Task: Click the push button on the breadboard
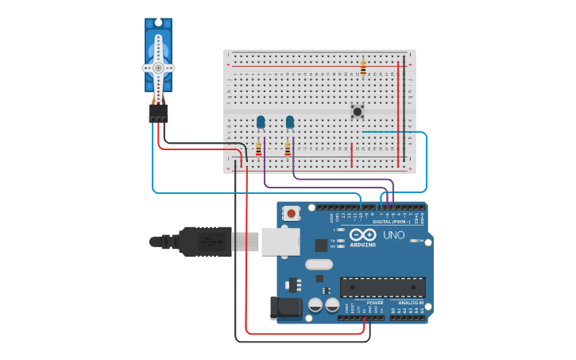click(x=358, y=111)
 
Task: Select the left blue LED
click(x=261, y=122)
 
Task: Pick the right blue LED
click(x=290, y=122)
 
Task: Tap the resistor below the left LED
click(x=258, y=149)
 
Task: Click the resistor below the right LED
click(x=288, y=149)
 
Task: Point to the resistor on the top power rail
click(x=363, y=68)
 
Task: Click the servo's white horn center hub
click(x=158, y=68)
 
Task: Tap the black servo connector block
click(x=158, y=114)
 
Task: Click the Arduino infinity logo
click(x=362, y=235)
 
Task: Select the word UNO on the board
click(x=394, y=235)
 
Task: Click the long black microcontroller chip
click(x=382, y=287)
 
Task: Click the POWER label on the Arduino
click(x=375, y=303)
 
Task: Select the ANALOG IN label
click(x=410, y=303)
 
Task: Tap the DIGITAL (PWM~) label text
click(x=391, y=222)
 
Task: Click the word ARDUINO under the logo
click(x=363, y=245)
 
